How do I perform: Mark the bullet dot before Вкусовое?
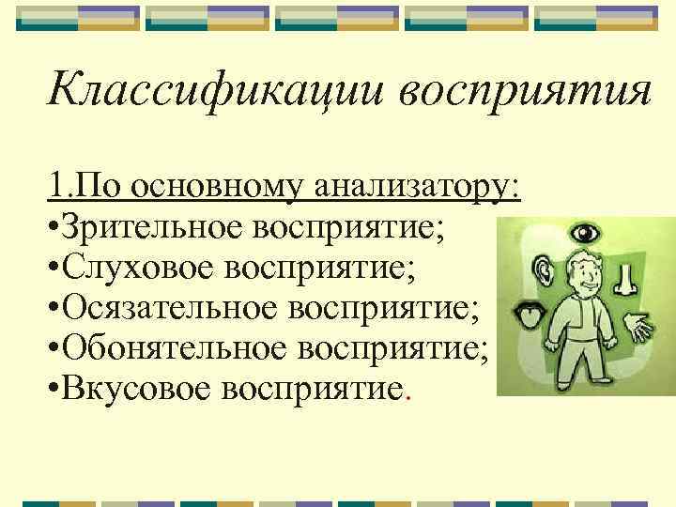56,392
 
